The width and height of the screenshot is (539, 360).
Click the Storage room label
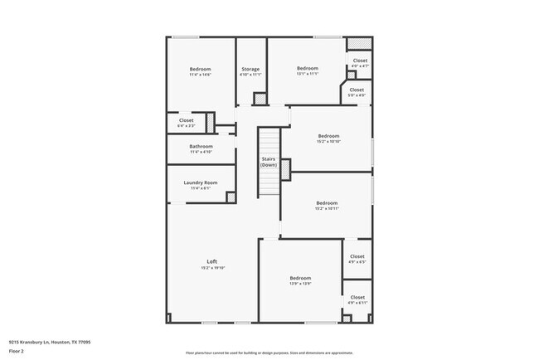250,69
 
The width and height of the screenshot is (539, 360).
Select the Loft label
212,262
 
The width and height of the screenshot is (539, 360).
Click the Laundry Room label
201,182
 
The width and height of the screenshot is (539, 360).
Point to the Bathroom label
201,146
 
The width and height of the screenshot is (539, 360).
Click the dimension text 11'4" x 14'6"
201,75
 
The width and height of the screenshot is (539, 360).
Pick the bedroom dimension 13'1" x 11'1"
308,75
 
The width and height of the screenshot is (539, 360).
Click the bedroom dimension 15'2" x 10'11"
327,208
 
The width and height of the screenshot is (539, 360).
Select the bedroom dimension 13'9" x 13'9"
300,284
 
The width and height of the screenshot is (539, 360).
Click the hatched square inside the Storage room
260,99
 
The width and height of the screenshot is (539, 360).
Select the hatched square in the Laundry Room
231,197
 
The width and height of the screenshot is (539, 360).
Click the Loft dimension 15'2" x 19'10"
212,268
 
